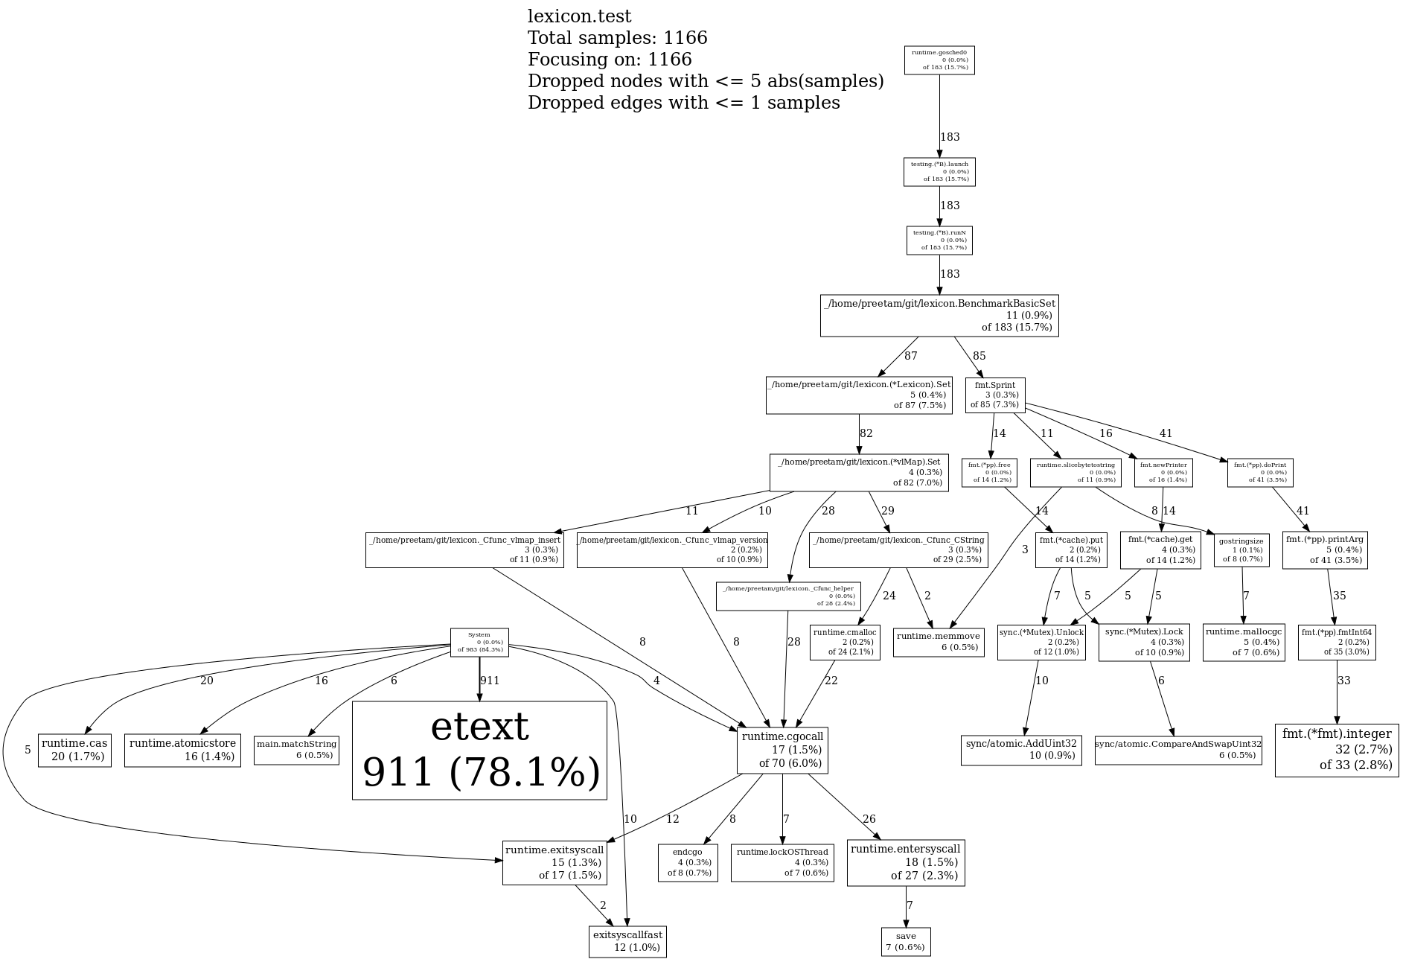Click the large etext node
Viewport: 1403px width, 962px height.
tap(479, 751)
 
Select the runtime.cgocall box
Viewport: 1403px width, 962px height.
tap(782, 751)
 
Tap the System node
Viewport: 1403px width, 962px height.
tap(479, 643)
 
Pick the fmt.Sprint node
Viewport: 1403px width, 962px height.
tap(995, 395)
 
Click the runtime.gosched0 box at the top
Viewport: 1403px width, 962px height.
tap(939, 60)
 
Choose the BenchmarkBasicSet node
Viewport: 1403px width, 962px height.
tap(939, 315)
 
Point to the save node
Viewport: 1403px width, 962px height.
tap(906, 941)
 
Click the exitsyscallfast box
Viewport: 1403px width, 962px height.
tap(627, 941)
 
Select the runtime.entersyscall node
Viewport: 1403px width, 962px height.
tap(906, 863)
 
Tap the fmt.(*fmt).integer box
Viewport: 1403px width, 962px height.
tap(1337, 750)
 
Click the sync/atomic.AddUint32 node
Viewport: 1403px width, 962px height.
tap(1021, 750)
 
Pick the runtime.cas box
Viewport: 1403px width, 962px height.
tap(74, 750)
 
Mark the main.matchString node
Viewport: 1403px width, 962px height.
tap(296, 750)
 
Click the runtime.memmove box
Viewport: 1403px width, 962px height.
tap(939, 642)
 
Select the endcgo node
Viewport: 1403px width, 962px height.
tap(688, 862)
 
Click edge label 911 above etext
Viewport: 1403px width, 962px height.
tap(490, 681)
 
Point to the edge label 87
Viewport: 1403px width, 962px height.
tap(911, 356)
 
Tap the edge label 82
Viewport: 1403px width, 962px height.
tap(866, 433)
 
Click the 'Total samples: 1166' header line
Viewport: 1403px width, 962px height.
tap(617, 38)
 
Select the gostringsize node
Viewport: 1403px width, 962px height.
tap(1241, 550)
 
